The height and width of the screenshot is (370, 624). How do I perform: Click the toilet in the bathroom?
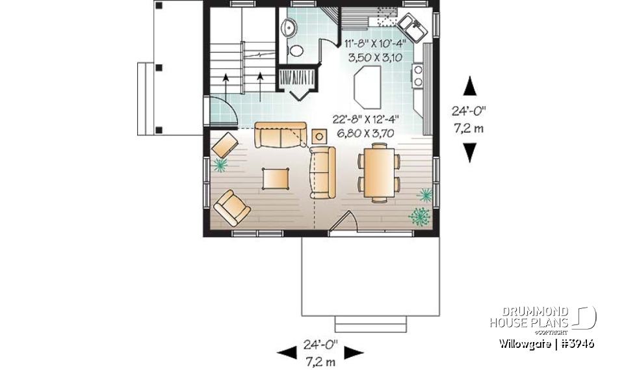click(x=296, y=51)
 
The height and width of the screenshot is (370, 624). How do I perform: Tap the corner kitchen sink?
click(x=412, y=27)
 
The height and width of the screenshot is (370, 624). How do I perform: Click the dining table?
click(x=378, y=174)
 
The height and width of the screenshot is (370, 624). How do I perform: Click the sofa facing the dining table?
click(x=322, y=172)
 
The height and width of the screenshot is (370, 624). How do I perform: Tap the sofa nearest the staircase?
click(x=280, y=133)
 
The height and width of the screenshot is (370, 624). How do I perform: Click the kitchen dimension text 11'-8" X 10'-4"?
click(x=375, y=44)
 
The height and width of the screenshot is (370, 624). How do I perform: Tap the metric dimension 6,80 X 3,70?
click(x=367, y=133)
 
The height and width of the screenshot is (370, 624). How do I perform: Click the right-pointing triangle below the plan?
click(x=353, y=352)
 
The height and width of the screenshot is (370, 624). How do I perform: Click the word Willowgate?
click(x=526, y=343)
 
